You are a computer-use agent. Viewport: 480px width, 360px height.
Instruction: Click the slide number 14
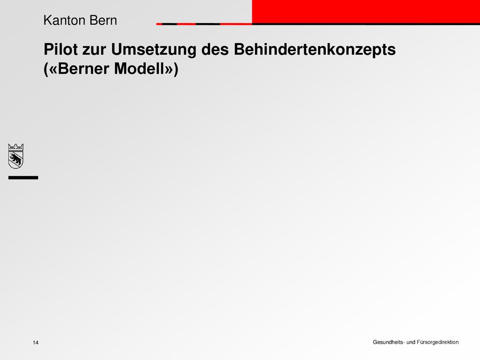36,344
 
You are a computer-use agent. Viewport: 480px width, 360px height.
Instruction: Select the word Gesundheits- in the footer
388,342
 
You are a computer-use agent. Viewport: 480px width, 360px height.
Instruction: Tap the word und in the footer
411,342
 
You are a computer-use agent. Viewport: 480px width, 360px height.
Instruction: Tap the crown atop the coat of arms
15,147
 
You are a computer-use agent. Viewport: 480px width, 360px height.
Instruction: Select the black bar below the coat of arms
23,178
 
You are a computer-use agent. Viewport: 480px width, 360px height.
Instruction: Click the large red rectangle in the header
366,11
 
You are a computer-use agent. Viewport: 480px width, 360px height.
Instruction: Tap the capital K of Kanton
46,21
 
